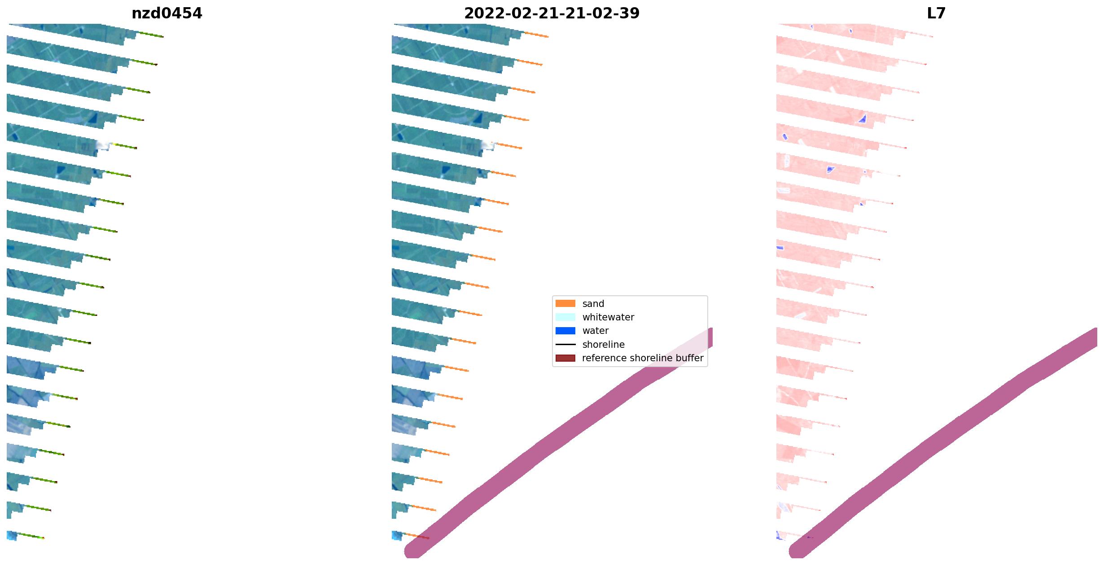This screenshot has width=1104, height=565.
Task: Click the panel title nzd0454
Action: (166, 13)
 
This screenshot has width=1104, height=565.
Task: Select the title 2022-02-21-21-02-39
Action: (552, 13)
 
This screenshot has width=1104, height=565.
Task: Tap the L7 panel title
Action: (936, 13)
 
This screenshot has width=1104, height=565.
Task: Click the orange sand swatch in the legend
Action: (565, 304)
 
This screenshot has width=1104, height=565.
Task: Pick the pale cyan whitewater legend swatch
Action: (565, 317)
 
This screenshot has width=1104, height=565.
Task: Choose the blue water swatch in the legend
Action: (565, 331)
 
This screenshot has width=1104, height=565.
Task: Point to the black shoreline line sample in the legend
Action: (565, 345)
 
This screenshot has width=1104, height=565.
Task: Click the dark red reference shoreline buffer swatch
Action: (565, 358)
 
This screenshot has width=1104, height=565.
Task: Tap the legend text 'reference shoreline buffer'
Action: (642, 358)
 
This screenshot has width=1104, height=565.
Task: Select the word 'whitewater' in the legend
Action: (608, 317)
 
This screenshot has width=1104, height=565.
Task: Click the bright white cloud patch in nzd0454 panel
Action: (103, 145)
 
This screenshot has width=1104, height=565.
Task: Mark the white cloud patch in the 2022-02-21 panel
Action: (488, 145)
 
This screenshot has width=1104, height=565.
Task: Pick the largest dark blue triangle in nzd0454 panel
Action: (93, 118)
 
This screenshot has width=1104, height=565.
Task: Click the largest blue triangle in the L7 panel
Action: (862, 119)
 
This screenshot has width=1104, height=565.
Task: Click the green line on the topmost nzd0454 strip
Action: (151, 34)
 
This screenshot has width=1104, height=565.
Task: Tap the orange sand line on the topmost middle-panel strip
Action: (536, 34)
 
